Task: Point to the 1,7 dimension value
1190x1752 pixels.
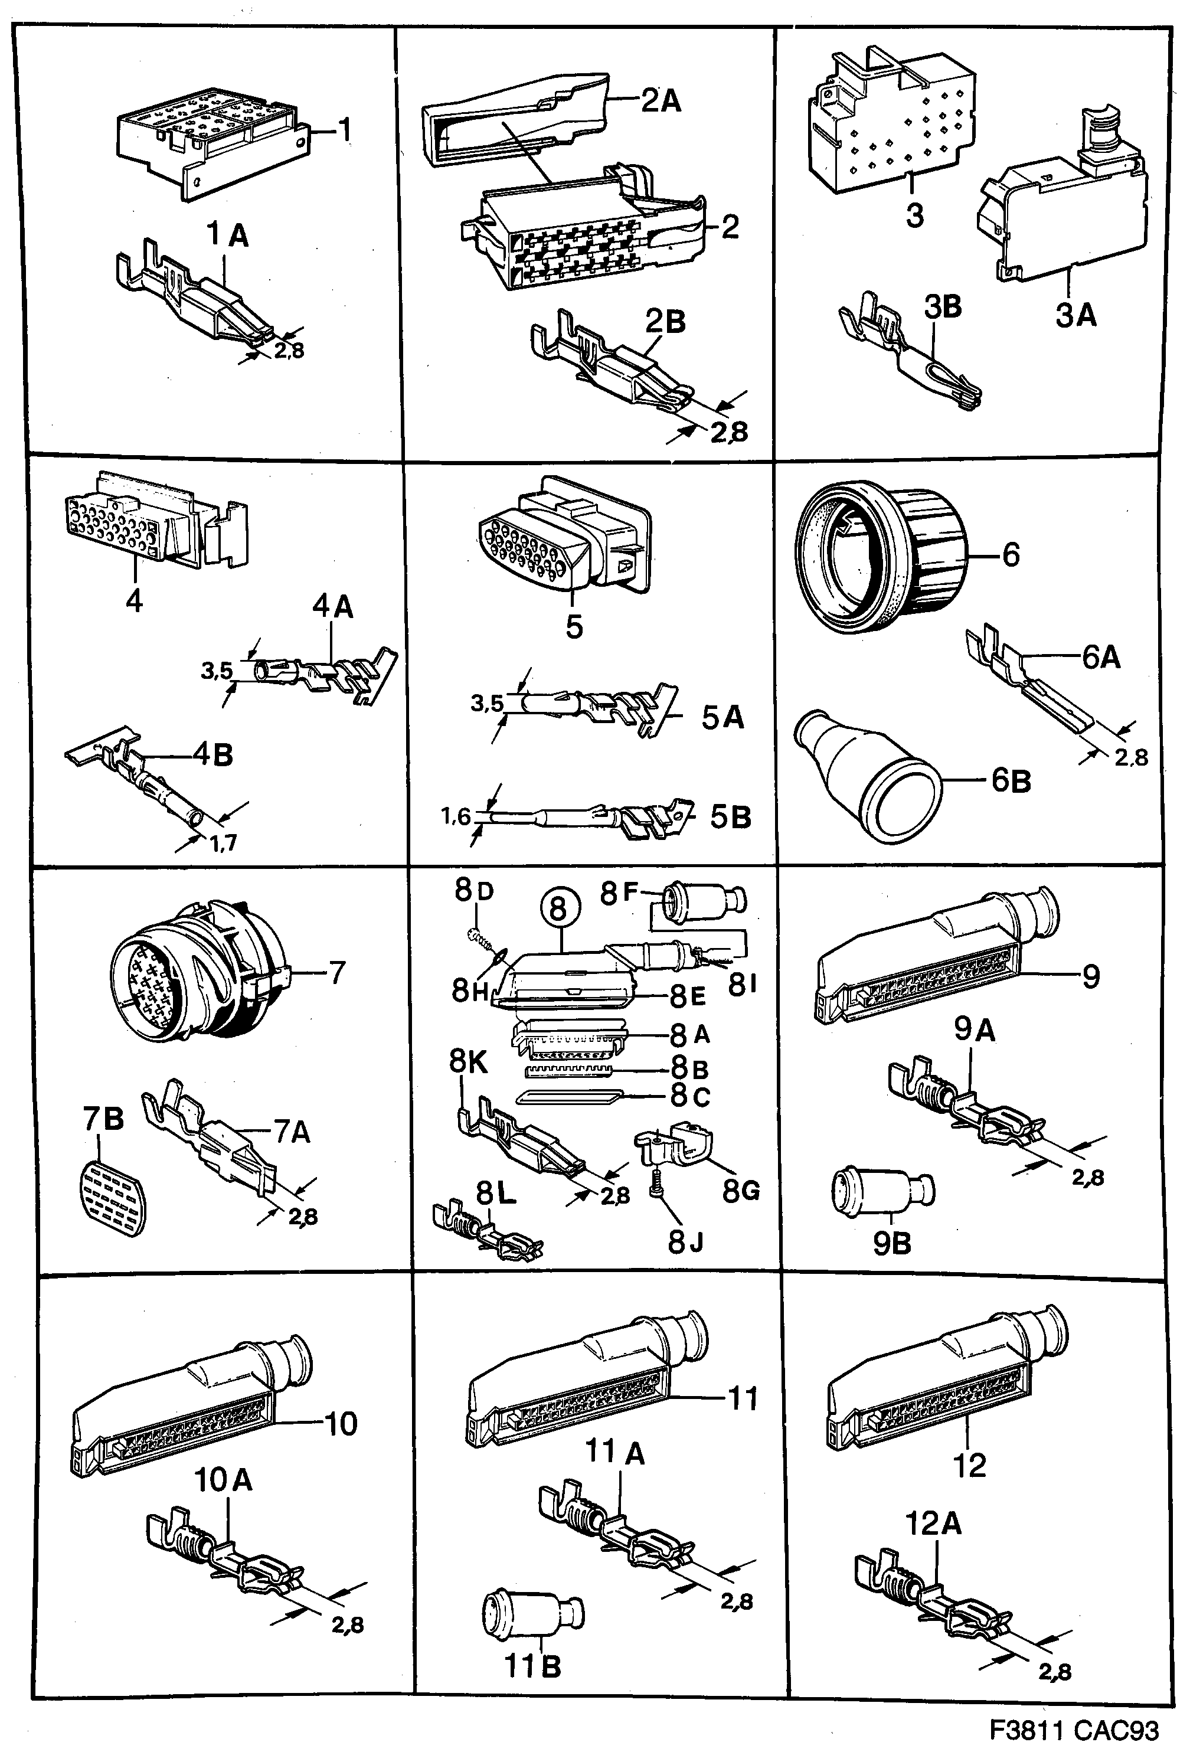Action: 223,843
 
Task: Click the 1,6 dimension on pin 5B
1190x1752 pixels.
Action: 455,816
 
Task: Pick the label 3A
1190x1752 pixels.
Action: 1075,315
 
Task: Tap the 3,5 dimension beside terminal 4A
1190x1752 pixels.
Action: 216,670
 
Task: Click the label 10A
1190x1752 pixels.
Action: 223,1480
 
